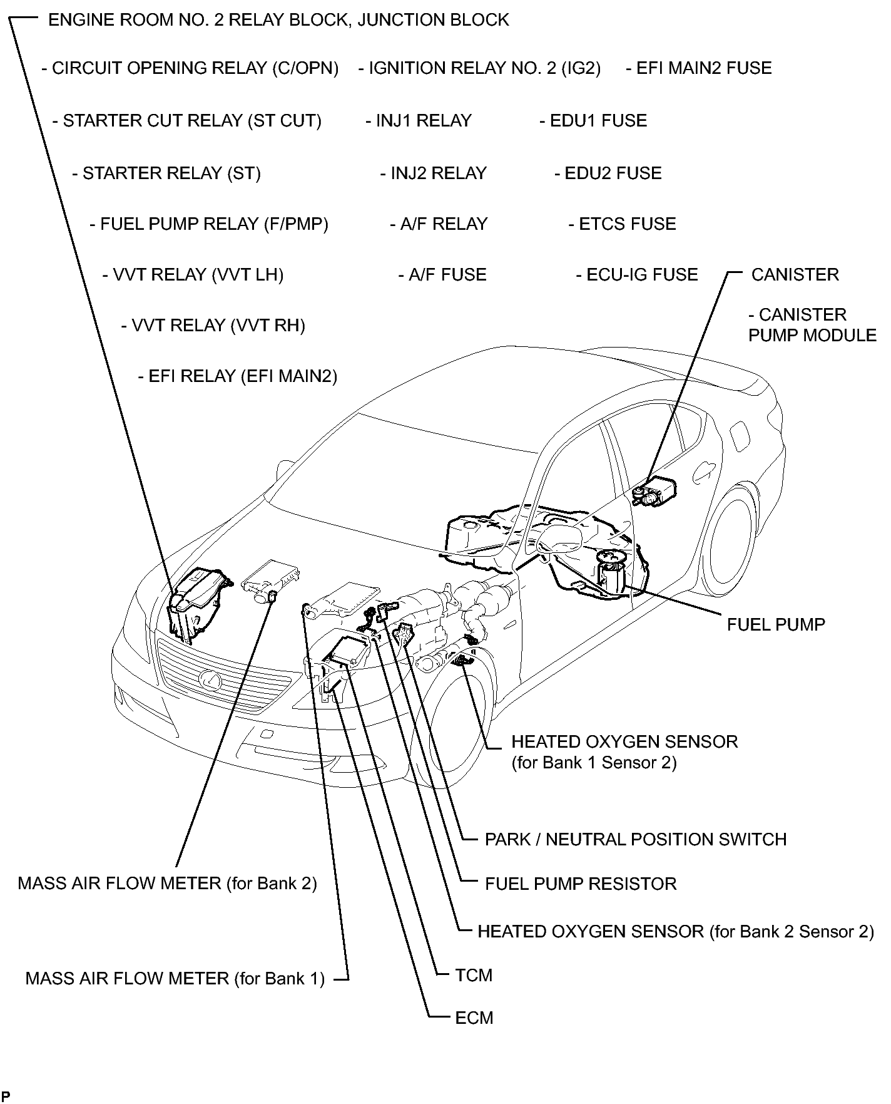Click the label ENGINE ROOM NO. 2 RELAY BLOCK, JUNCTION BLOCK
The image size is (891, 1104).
pos(278,20)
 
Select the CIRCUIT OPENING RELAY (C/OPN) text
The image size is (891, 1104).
pos(190,68)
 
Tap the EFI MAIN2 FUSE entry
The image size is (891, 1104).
pos(699,68)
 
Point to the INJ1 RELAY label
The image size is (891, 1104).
pos(419,121)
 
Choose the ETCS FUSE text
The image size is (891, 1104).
pos(623,224)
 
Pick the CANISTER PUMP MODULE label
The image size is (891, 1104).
pos(812,325)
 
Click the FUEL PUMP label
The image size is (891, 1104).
pos(776,624)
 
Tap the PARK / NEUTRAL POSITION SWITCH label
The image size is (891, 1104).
pos(635,839)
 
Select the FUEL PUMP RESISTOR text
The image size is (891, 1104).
pos(581,884)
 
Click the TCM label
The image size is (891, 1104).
pos(474,975)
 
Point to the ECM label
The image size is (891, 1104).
pos(474,1018)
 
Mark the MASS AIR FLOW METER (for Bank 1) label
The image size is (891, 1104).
pos(175,978)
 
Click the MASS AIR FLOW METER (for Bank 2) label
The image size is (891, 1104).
pos(167,883)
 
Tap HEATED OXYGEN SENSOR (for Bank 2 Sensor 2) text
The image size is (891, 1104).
pos(675,931)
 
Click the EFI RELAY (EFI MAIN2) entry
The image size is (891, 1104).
pos(237,376)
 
